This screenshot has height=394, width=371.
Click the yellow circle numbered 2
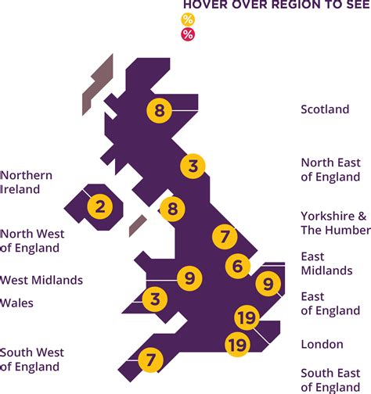[99, 207]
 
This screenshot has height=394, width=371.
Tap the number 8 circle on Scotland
[159, 110]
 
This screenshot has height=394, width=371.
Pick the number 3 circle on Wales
[155, 298]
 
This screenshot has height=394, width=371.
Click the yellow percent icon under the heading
[187, 20]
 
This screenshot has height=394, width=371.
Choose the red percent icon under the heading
[187, 34]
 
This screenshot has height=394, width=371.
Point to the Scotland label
[325, 109]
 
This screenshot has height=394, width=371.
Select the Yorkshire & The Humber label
[335, 223]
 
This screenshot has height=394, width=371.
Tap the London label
[322, 344]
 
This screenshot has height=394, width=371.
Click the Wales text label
[17, 303]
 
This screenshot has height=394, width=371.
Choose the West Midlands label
[41, 280]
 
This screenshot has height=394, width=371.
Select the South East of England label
[331, 380]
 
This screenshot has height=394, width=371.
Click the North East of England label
[330, 170]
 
